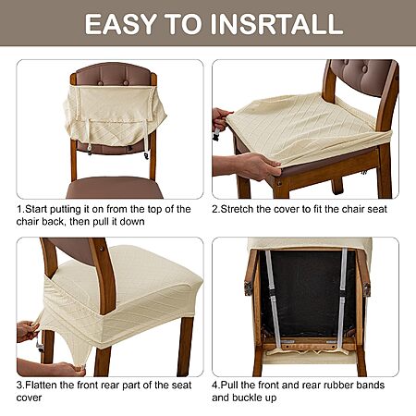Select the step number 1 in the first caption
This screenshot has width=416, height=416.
[x=18, y=209]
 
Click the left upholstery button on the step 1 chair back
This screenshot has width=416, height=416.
[x=101, y=83]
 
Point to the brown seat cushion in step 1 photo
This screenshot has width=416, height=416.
[x=115, y=188]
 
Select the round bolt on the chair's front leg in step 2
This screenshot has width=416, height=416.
[x=279, y=184]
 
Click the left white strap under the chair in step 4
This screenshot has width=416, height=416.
[x=274, y=299]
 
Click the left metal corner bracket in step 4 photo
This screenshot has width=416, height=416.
[x=248, y=288]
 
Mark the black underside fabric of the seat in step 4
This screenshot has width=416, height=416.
[x=307, y=293]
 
